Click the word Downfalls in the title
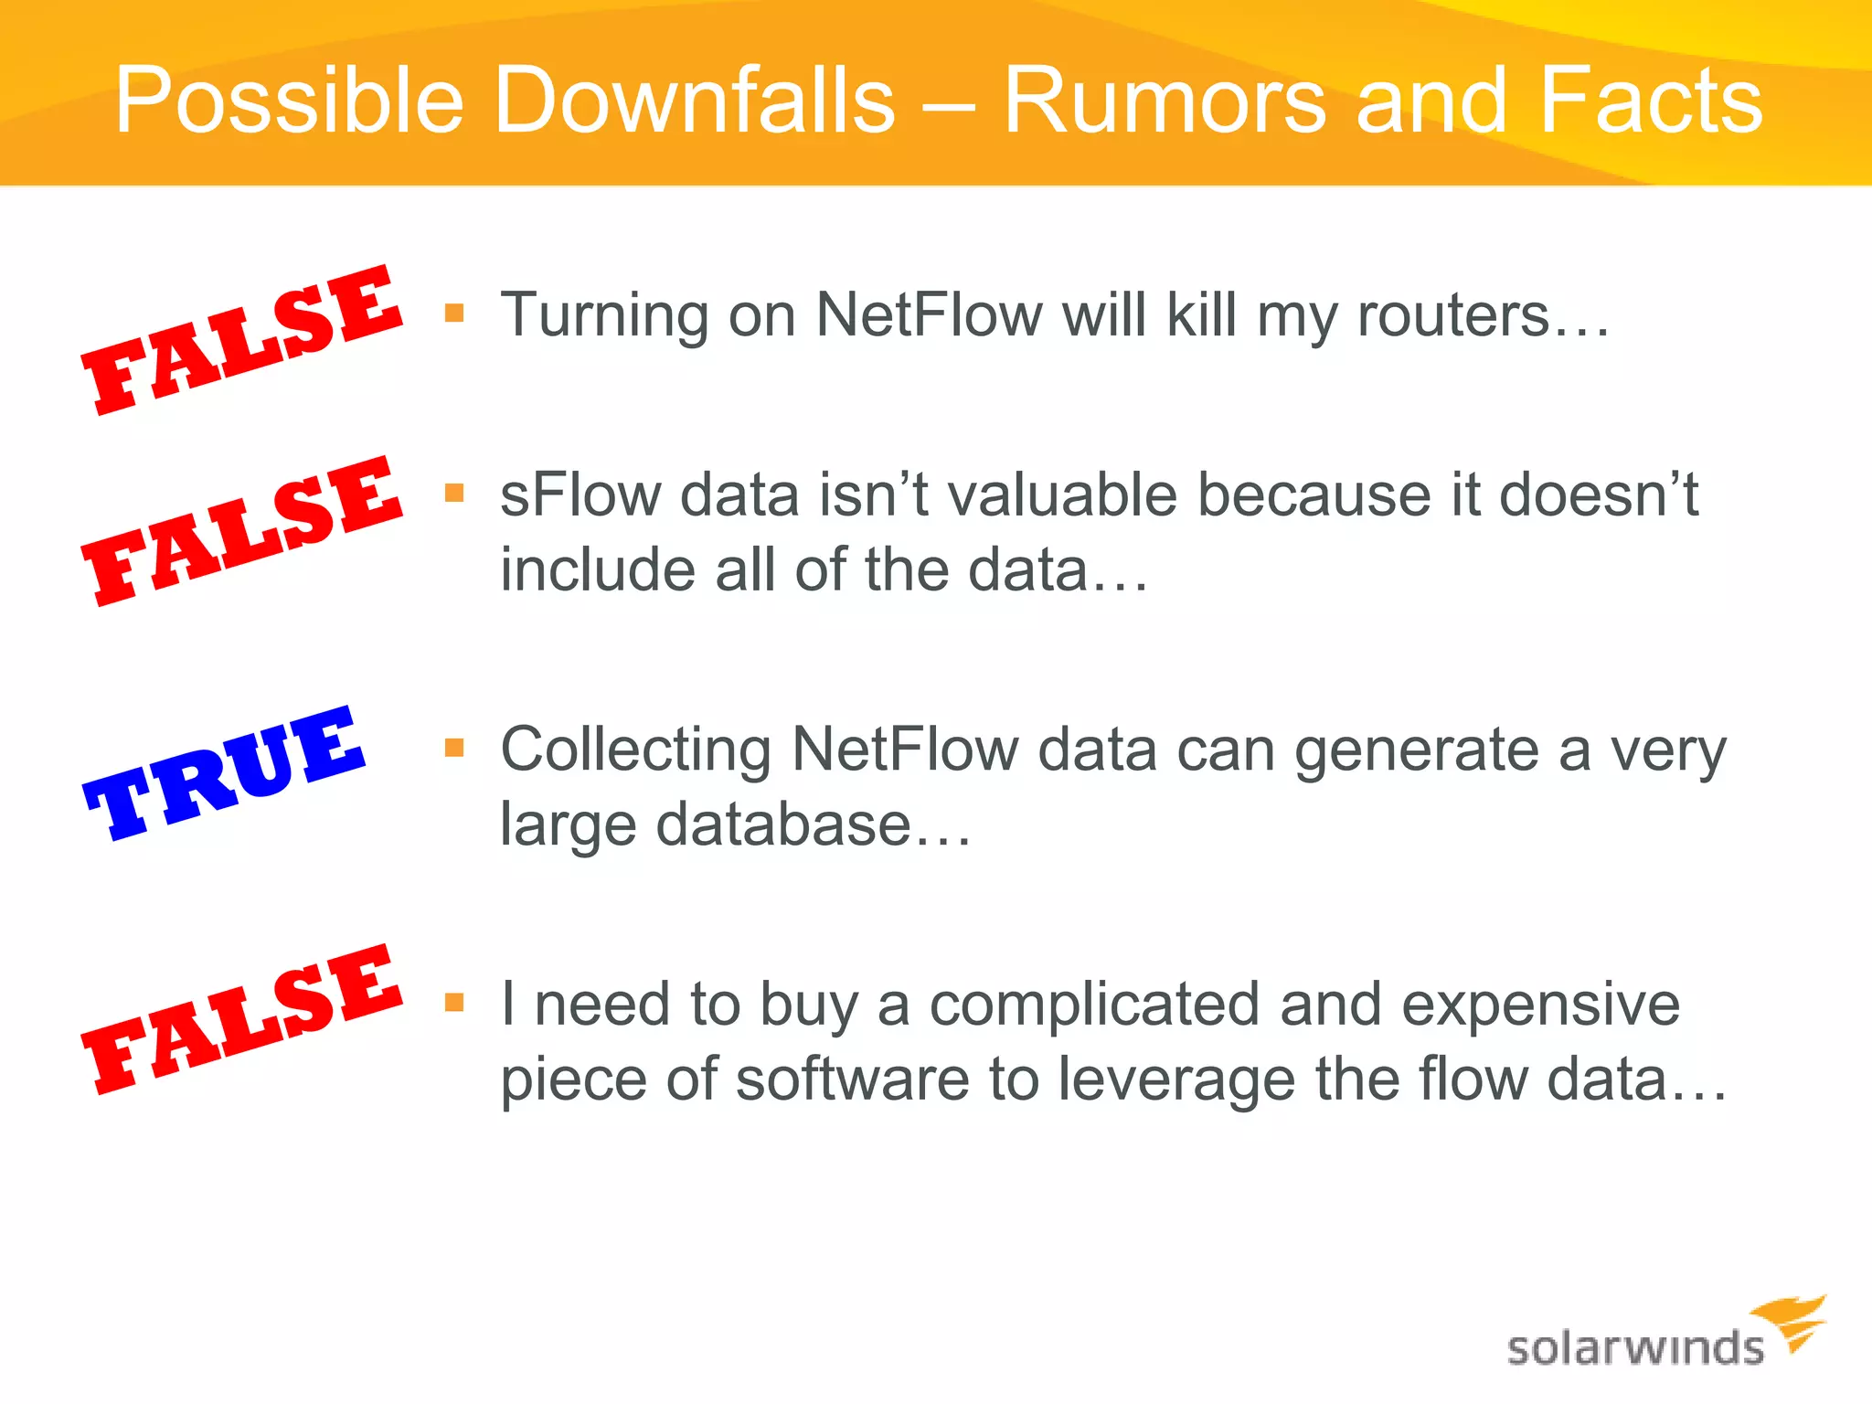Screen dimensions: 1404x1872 [695, 101]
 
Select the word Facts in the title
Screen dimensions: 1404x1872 [1651, 101]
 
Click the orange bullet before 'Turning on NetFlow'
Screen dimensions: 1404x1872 [454, 314]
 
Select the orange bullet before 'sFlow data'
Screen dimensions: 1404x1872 [454, 494]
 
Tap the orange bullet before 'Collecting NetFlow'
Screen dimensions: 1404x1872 [454, 748]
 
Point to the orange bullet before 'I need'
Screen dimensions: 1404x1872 [454, 1003]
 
